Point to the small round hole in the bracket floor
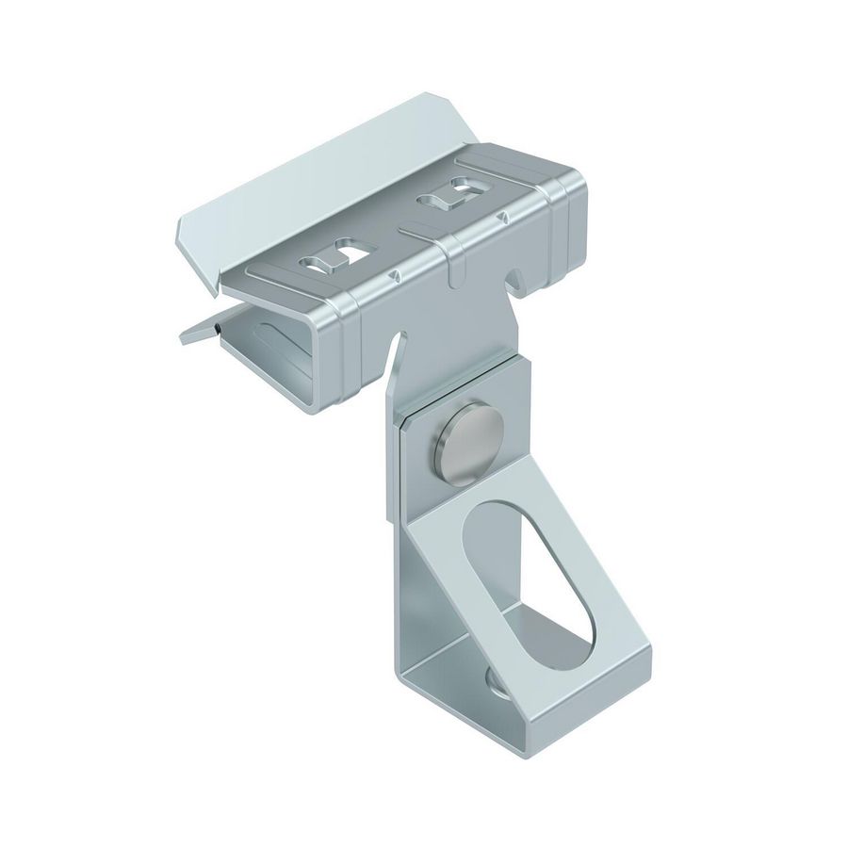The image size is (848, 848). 497,681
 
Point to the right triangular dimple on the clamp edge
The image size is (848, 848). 510,218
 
